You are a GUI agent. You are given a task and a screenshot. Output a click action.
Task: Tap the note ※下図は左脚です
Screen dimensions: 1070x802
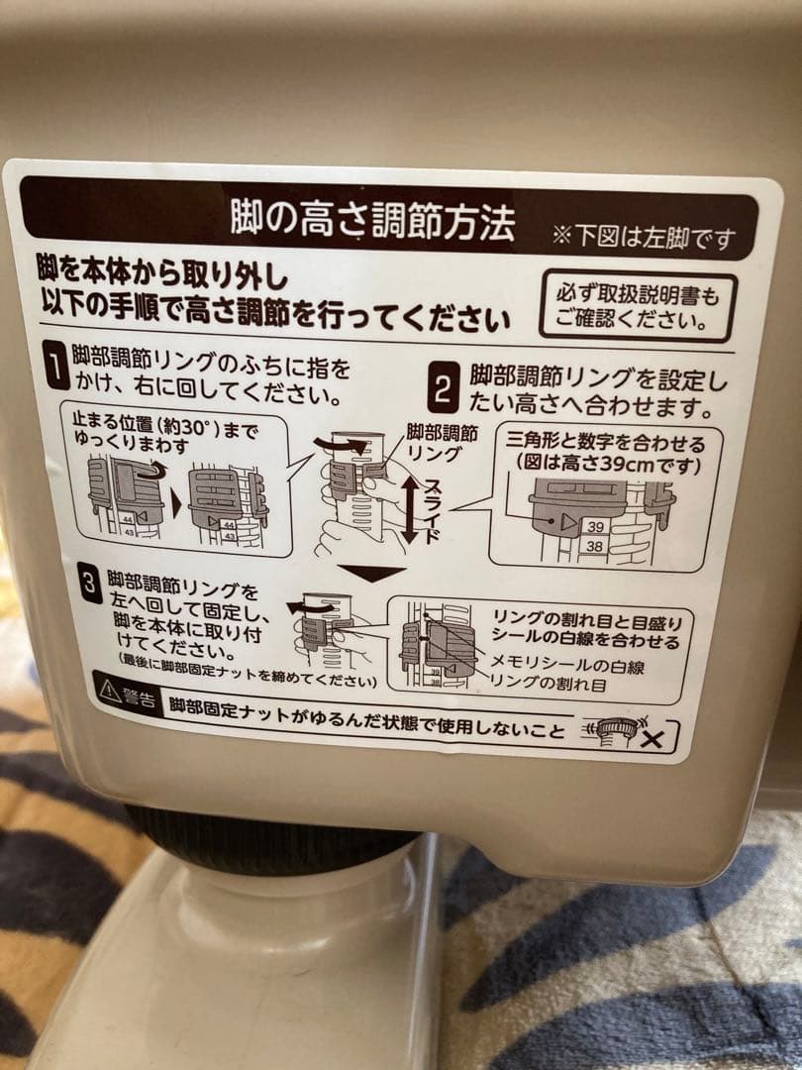(645, 238)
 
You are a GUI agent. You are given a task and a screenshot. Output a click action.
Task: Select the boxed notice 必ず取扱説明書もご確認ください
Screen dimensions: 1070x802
(638, 307)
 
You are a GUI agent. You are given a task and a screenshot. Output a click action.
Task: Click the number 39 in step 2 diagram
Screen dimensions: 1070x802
(594, 524)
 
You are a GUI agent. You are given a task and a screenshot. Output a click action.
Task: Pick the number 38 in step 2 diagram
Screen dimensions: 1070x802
(594, 545)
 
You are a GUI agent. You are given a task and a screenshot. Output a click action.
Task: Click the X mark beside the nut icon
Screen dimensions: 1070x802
(654, 738)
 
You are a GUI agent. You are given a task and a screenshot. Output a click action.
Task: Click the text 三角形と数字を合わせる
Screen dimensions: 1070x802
(606, 442)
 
